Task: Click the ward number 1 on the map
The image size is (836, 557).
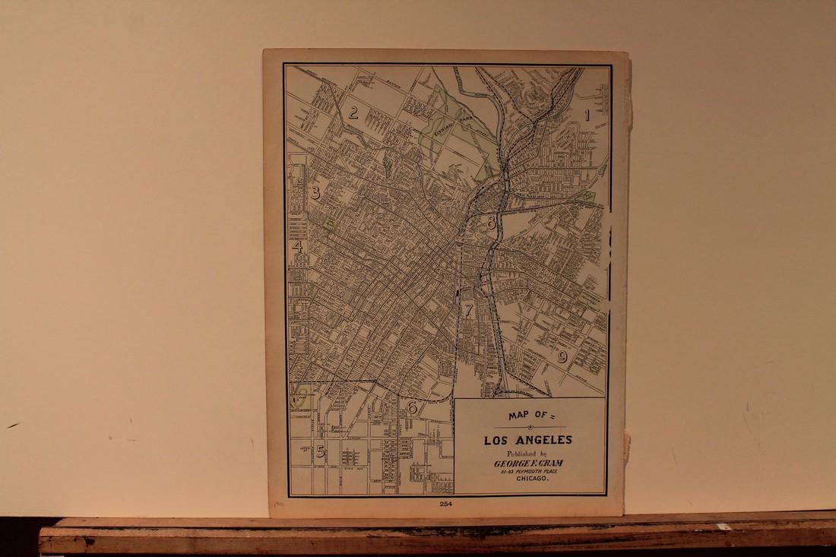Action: click(x=587, y=116)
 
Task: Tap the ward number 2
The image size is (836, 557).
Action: click(x=353, y=114)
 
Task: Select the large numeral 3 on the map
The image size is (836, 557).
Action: click(x=315, y=193)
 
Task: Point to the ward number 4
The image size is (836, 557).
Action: click(x=297, y=246)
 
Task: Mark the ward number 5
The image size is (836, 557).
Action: click(x=321, y=451)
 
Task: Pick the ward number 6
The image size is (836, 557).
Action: click(x=412, y=407)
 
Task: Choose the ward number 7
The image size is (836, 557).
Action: click(x=469, y=310)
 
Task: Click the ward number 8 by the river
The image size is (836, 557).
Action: click(x=492, y=223)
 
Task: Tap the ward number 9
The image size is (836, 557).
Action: click(x=562, y=356)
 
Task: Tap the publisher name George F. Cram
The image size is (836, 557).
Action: click(x=529, y=464)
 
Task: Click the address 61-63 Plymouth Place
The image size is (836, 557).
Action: click(x=529, y=473)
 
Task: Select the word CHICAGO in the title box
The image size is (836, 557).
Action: click(x=529, y=482)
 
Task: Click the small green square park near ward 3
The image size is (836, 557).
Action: click(x=331, y=223)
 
